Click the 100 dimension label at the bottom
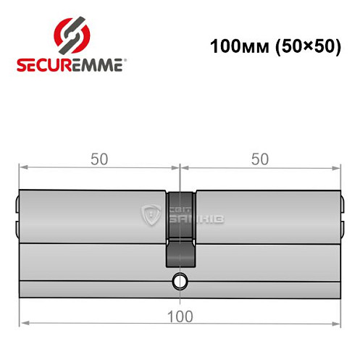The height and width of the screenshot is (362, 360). click(180, 316)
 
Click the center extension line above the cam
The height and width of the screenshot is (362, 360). click(180, 177)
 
